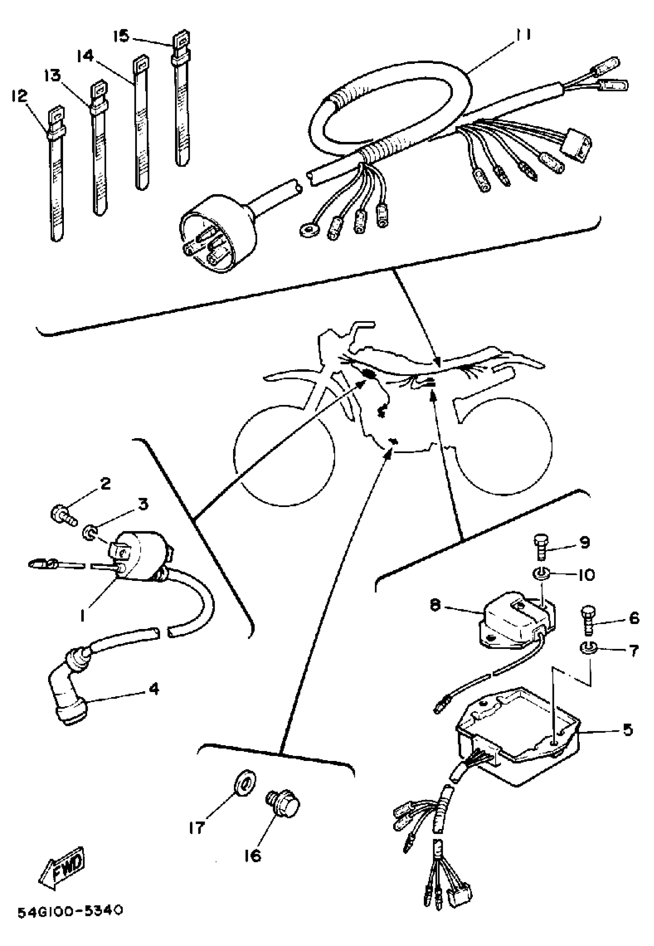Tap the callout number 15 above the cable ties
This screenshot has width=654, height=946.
pyautogui.click(x=121, y=37)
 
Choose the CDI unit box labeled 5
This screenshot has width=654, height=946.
pyautogui.click(x=518, y=744)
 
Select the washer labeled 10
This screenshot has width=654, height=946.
pyautogui.click(x=542, y=573)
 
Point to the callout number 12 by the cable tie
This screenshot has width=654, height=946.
pyautogui.click(x=19, y=96)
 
